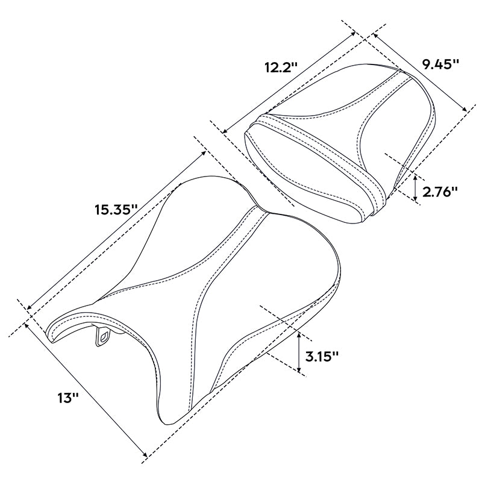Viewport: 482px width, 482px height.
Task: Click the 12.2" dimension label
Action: point(281,68)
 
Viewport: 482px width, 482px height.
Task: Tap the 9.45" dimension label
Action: point(440,64)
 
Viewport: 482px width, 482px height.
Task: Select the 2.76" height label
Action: point(440,192)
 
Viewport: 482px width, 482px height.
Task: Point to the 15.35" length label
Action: point(116,210)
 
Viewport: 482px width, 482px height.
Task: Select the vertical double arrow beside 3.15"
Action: point(299,352)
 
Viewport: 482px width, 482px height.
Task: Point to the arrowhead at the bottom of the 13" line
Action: point(145,454)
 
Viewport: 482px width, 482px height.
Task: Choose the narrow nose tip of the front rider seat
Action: point(205,184)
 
